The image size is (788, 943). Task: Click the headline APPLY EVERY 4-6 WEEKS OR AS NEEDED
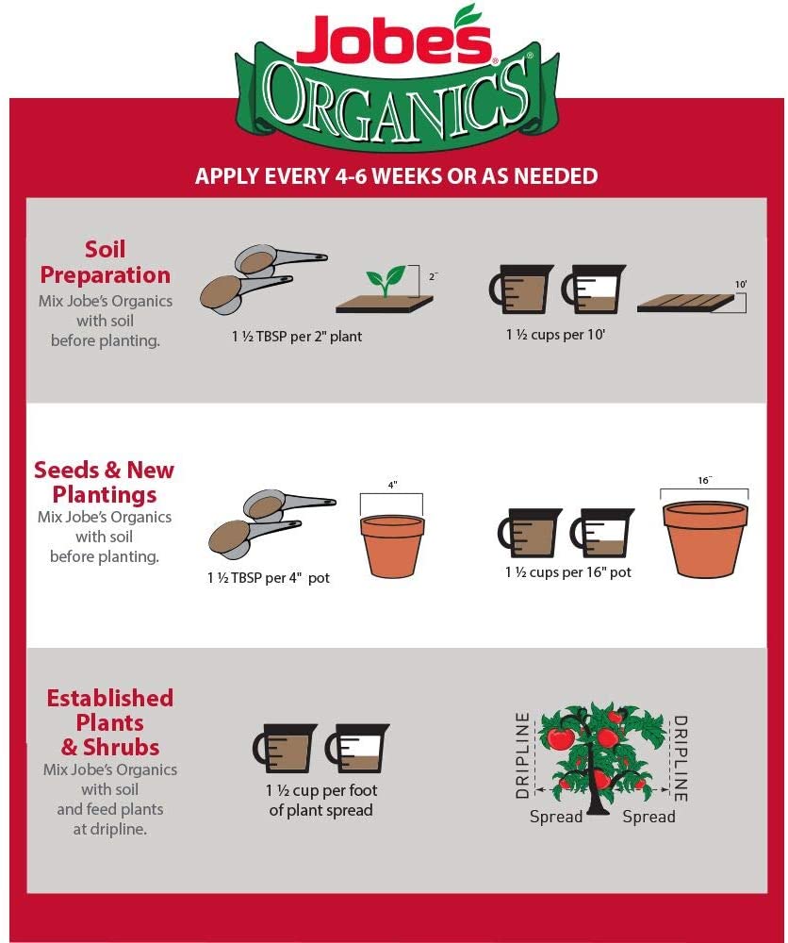point(396,176)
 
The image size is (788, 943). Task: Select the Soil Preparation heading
point(105,262)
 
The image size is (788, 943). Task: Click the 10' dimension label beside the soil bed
point(740,283)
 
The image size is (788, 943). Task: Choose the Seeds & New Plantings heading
point(104,482)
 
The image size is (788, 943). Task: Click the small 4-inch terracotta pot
point(392,545)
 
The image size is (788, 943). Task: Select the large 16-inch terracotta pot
point(705,538)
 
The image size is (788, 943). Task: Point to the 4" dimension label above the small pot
point(392,485)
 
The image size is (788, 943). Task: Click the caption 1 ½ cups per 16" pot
point(568,571)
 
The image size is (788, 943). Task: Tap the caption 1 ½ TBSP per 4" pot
point(269,577)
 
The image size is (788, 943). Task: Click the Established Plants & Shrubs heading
point(110,723)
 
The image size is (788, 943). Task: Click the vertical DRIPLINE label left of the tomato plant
point(523,757)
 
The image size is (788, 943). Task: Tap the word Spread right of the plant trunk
point(648,817)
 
